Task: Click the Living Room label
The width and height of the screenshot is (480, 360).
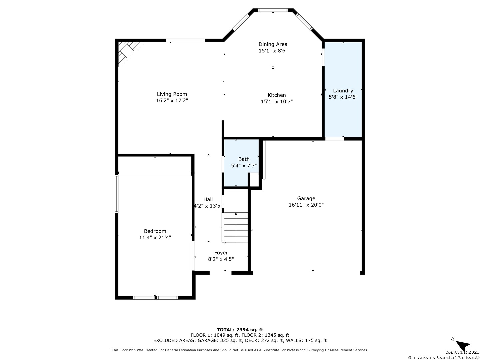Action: point(172,94)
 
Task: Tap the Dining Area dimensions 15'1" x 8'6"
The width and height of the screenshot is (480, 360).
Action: point(273,51)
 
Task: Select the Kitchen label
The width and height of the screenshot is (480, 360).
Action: point(277,95)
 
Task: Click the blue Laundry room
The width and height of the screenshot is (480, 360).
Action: point(343,90)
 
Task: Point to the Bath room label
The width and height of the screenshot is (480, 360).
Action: point(244,159)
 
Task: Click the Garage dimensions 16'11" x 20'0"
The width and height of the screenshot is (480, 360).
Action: point(306,205)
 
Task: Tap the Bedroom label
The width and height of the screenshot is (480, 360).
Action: point(155,231)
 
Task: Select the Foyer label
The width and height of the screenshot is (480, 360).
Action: point(221,253)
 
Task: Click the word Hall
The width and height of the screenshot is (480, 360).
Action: point(208,199)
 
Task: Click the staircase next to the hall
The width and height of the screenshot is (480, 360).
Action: point(235,227)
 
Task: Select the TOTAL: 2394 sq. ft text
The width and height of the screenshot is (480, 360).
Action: point(240,330)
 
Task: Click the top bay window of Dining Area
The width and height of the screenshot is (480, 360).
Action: point(272,10)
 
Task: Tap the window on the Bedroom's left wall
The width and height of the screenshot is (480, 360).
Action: point(117,194)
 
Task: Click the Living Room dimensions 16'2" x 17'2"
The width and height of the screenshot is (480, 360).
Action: point(172,101)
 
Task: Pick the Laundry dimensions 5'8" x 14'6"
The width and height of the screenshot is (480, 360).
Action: point(343,97)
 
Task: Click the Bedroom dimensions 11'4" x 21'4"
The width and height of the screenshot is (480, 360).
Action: point(155,237)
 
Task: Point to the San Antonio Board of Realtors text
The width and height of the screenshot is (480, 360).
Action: point(443,357)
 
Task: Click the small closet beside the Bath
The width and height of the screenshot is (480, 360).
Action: point(254,180)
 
